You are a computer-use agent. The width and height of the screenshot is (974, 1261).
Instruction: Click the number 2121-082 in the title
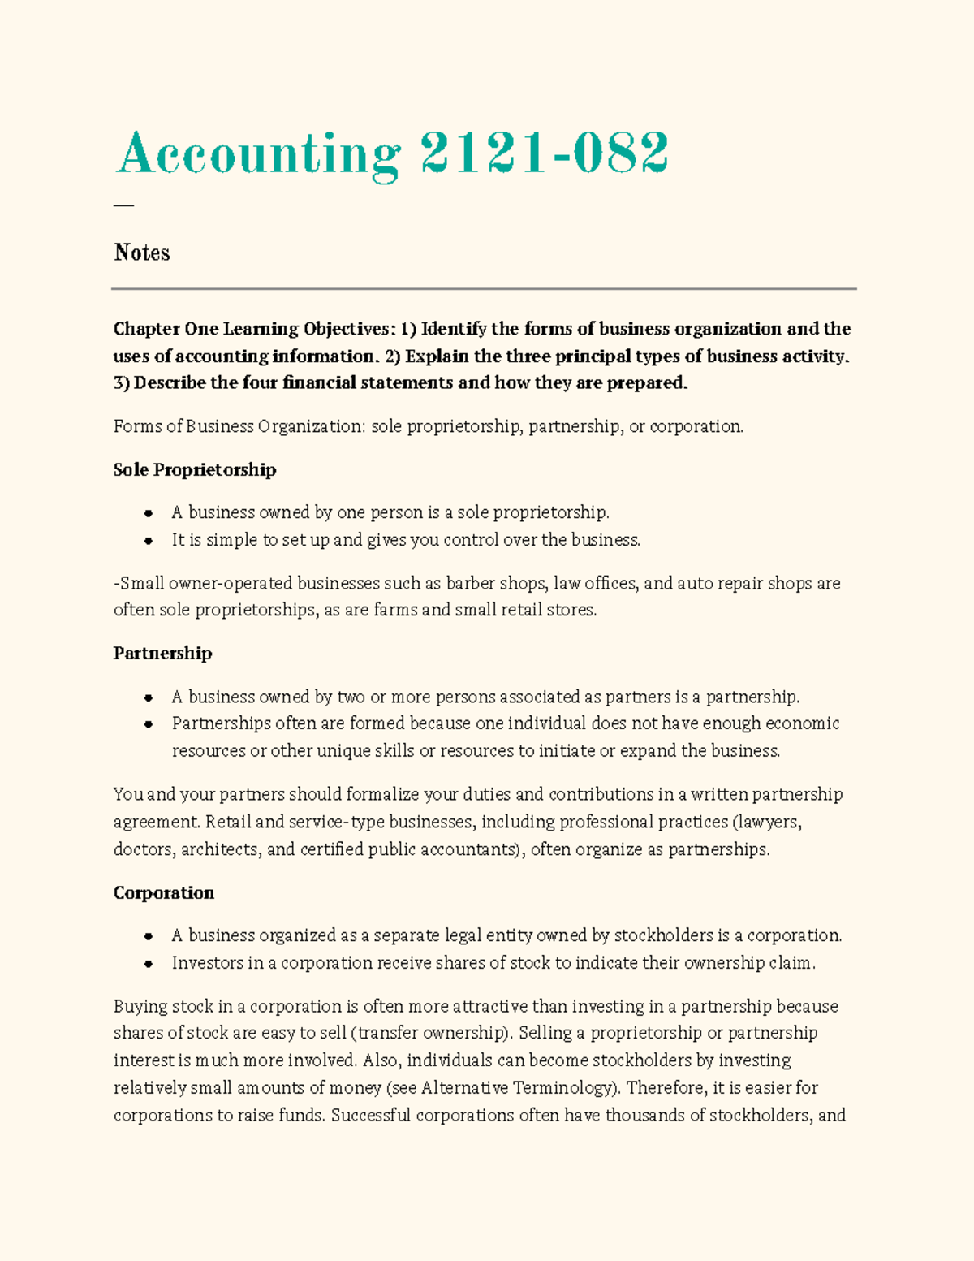pos(544,153)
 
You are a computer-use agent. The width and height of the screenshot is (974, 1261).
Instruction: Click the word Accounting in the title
pos(258,154)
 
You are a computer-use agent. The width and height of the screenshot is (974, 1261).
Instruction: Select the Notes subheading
pos(142,253)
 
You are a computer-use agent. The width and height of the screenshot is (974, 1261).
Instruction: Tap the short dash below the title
pos(123,205)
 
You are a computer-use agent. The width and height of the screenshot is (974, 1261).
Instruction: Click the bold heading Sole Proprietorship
pos(195,469)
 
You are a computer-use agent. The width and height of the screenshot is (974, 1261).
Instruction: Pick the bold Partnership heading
pos(162,653)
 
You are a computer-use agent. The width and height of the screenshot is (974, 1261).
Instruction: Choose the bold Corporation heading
pos(164,892)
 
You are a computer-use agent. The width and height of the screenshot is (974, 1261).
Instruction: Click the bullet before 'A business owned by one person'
pos(149,513)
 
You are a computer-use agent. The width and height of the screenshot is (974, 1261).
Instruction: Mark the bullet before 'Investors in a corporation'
pos(149,964)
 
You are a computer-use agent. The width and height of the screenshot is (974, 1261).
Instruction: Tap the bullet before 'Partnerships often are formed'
pos(149,723)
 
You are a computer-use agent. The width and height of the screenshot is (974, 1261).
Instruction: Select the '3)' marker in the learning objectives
pos(122,382)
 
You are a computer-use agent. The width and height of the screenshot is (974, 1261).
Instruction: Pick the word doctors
pos(143,849)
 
